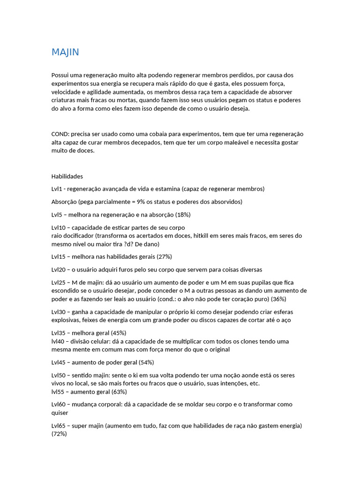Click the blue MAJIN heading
click(65, 52)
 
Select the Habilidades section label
click(67, 176)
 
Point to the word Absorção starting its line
click(64, 202)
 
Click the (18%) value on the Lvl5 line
click(183, 215)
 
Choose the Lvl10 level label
click(59, 227)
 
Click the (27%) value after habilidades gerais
click(164, 257)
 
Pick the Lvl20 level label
click(59, 270)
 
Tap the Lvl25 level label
click(59, 283)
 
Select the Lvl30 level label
click(59, 312)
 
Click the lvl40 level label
click(58, 341)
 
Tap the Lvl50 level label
click(59, 375)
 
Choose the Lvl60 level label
click(59, 405)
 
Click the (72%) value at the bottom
click(59, 434)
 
